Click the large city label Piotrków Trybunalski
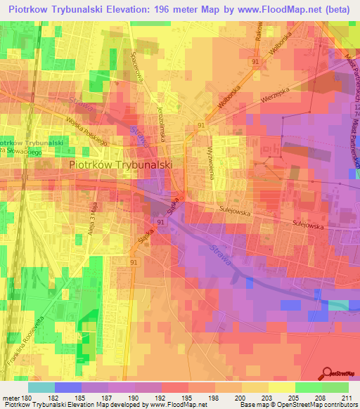[x=122, y=164]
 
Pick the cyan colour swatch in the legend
[x=41, y=387]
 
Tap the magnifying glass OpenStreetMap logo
[x=328, y=372]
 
